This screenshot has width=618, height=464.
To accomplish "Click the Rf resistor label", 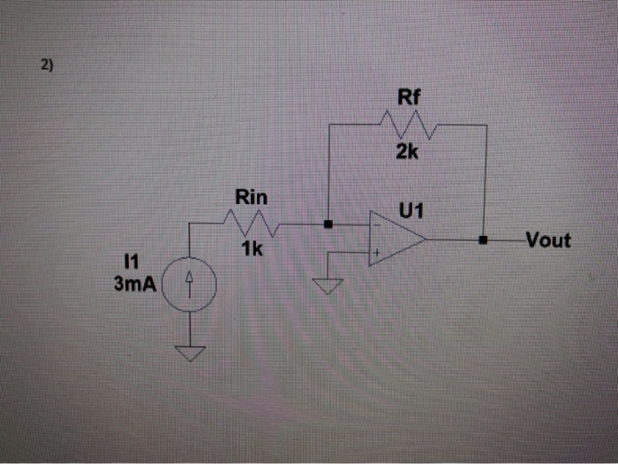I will click(407, 98).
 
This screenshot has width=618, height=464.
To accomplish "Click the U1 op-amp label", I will click(411, 211).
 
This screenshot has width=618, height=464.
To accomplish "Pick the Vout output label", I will click(547, 240).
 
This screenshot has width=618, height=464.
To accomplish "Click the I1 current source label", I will click(132, 262).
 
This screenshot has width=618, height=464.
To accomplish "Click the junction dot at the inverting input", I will click(328, 224).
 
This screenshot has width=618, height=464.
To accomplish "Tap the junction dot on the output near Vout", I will click(484, 240).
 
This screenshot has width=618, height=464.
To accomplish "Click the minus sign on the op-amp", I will click(376, 226).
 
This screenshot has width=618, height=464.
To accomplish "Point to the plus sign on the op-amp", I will click(376, 254).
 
